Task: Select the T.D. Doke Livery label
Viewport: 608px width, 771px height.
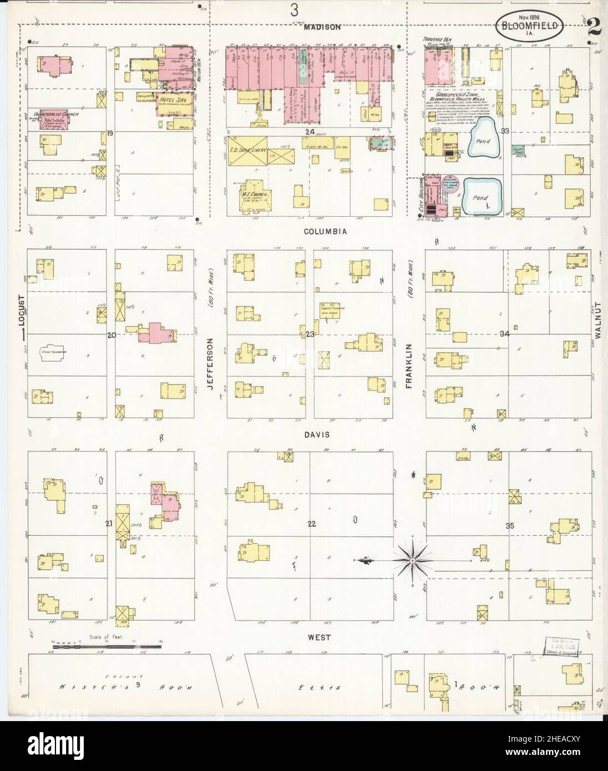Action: pyautogui.click(x=248, y=150)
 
